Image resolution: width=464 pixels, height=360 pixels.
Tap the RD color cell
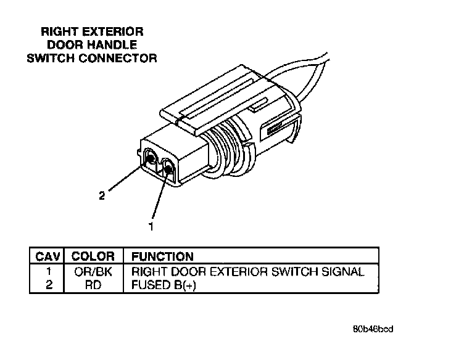[93, 285]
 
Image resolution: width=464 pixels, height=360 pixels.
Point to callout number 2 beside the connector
[102, 197]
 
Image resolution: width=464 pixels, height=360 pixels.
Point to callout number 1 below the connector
[150, 227]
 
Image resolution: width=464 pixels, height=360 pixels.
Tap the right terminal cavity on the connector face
[168, 166]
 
